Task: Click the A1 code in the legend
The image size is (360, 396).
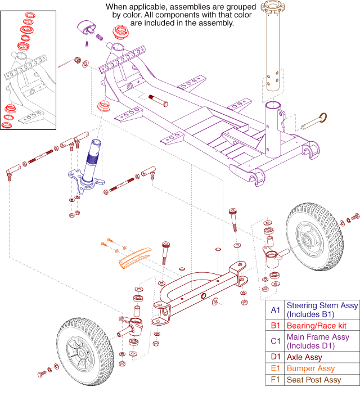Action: point(274,310)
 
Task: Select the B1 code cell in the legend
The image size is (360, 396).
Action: point(274,326)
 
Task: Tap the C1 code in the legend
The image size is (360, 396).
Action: point(274,341)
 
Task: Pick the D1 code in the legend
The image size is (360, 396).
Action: point(274,357)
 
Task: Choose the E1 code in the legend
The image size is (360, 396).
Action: point(274,368)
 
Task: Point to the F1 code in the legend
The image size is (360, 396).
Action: point(274,380)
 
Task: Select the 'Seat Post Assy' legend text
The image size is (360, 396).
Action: point(313,380)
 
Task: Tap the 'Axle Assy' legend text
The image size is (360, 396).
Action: point(304,357)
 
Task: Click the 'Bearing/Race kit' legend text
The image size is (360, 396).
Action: point(316,326)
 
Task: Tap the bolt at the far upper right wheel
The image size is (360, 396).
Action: point(354,216)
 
